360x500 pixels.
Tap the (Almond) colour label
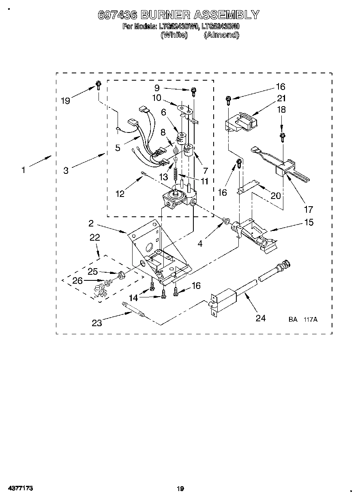point(221,35)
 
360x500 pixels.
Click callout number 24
point(260,318)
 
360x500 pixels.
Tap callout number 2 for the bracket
point(91,223)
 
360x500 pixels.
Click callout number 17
point(309,209)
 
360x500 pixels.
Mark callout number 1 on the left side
point(24,170)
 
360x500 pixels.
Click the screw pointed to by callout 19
point(98,85)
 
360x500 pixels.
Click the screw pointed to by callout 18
point(282,137)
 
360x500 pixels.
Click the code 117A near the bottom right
point(310,320)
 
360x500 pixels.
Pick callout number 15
point(309,222)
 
